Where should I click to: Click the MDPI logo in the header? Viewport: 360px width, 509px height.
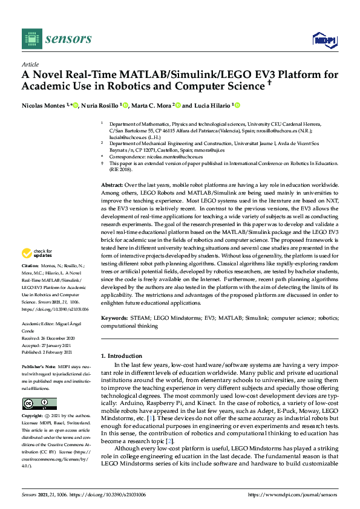tap(324, 40)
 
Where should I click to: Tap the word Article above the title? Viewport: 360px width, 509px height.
tap(30, 64)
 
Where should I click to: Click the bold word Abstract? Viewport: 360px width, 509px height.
tap(112, 185)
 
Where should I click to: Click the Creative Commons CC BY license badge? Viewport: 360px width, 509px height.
tap(39, 404)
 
